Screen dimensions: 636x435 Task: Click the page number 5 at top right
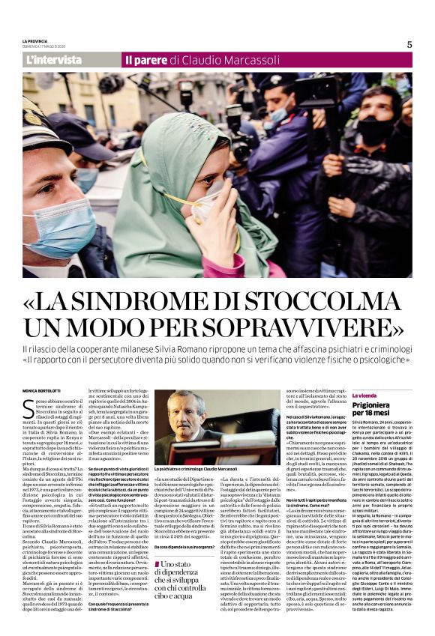(409, 44)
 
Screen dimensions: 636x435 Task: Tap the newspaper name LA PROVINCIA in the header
(37, 40)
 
